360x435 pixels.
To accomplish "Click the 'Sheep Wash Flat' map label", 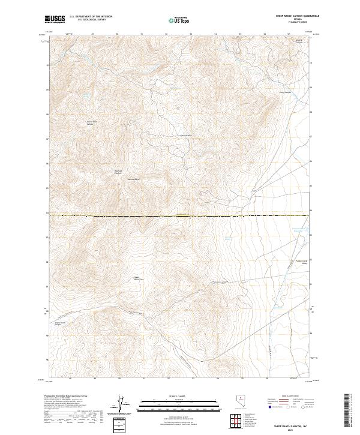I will (139, 278).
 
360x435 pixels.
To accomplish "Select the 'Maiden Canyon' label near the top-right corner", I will (298, 41).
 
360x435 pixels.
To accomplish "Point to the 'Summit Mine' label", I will (185, 136).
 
